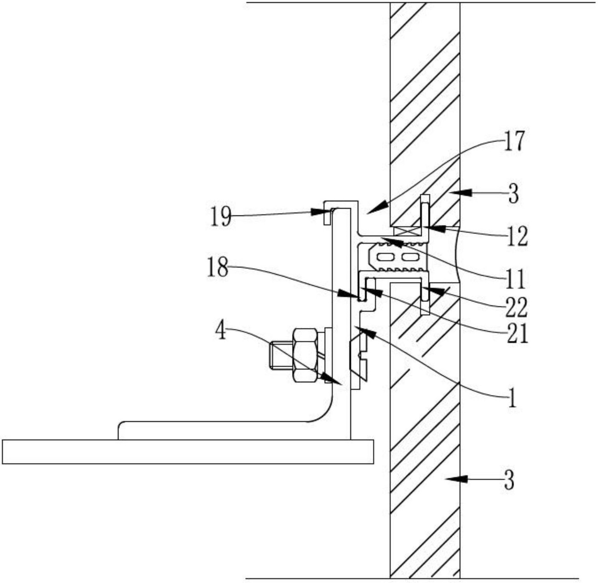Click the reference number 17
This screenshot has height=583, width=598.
coord(514,141)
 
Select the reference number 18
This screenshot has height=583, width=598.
coord(217,267)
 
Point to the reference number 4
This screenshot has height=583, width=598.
coord(221,331)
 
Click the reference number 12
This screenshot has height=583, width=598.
coord(517,236)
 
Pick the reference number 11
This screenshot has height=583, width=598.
coord(515,279)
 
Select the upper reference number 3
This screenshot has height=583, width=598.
coord(513,194)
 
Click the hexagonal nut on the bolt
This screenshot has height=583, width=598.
coord(306,355)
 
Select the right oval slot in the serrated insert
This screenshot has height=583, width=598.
coord(410,256)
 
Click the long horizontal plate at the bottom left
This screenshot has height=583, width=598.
coord(188,451)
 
